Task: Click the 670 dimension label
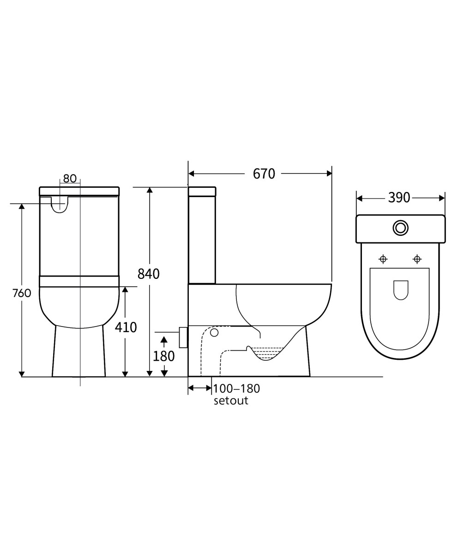click(x=264, y=174)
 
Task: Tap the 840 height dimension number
click(x=149, y=274)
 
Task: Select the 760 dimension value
click(x=22, y=293)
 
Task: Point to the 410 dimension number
click(x=126, y=327)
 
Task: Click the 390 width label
click(x=399, y=198)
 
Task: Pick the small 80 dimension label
click(x=70, y=179)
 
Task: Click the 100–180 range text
click(x=236, y=388)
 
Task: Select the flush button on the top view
click(x=400, y=228)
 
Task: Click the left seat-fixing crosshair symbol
click(x=383, y=259)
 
